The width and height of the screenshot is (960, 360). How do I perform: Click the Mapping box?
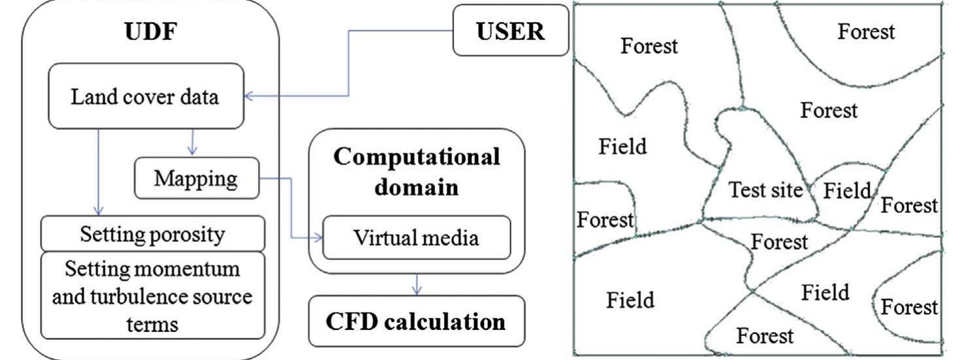click(195, 178)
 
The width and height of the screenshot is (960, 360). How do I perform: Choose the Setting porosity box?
click(152, 234)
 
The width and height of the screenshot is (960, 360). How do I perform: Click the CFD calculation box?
click(416, 322)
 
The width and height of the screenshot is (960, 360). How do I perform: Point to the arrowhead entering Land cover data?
click(249, 97)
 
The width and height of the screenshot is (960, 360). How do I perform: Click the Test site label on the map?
click(765, 191)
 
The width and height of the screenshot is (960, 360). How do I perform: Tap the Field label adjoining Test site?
click(848, 191)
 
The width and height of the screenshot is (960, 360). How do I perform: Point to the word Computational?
click(416, 159)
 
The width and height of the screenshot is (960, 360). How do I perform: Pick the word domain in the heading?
click(416, 189)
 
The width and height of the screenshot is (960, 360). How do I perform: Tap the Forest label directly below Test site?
click(779, 242)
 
